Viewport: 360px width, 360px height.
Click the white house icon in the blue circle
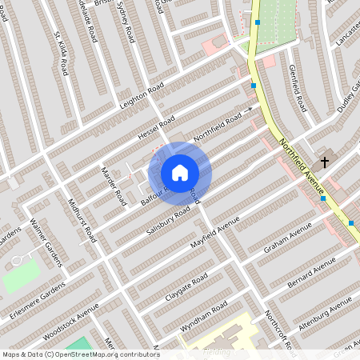coord(180,172)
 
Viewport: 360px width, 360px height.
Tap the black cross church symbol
coord(325,162)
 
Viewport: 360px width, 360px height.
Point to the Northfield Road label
coord(217,127)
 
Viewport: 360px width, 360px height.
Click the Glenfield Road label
coord(297,88)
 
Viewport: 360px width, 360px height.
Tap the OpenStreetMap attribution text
coord(80,354)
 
